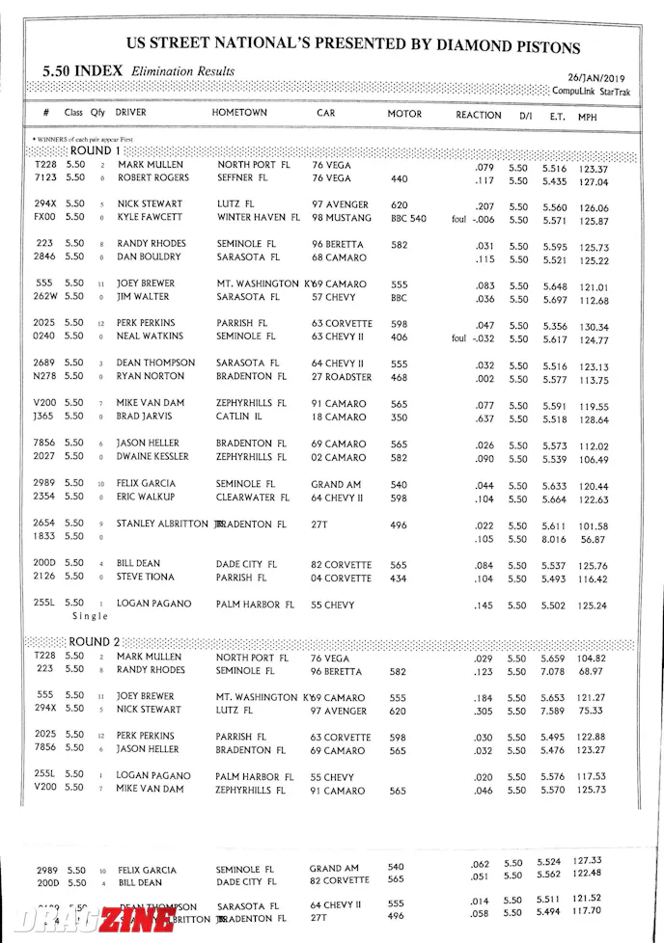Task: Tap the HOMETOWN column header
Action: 239,114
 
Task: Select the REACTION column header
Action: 478,115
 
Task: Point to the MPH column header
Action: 588,116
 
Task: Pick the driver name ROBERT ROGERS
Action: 153,179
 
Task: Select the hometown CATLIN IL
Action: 240,418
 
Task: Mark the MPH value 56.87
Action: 593,540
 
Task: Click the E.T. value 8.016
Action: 553,540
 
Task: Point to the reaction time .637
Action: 484,419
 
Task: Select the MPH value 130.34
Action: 593,327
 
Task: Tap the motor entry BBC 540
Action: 408,219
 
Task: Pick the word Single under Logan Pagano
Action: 90,616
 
